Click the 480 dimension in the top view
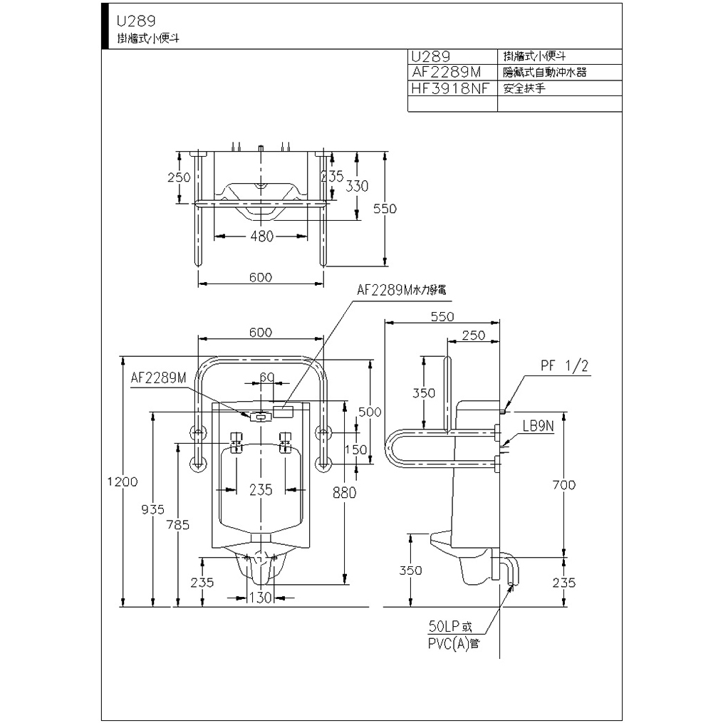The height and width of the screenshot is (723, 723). point(261,236)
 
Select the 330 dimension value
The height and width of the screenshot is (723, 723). point(357,186)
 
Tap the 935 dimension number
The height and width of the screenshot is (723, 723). point(152,509)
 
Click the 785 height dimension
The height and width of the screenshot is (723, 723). point(178,525)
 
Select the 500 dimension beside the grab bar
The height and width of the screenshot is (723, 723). point(370,412)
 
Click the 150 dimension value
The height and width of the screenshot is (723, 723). point(355,449)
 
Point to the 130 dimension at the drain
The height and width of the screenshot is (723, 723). point(261,598)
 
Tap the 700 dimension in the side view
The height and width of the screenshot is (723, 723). point(563,485)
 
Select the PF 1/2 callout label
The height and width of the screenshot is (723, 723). point(564,366)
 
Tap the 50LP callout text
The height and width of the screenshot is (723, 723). point(450,628)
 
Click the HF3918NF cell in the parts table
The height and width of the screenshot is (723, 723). point(451,89)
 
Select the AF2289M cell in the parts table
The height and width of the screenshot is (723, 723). point(447,72)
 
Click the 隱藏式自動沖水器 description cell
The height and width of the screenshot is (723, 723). point(544,72)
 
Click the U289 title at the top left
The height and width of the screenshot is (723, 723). point(137,21)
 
